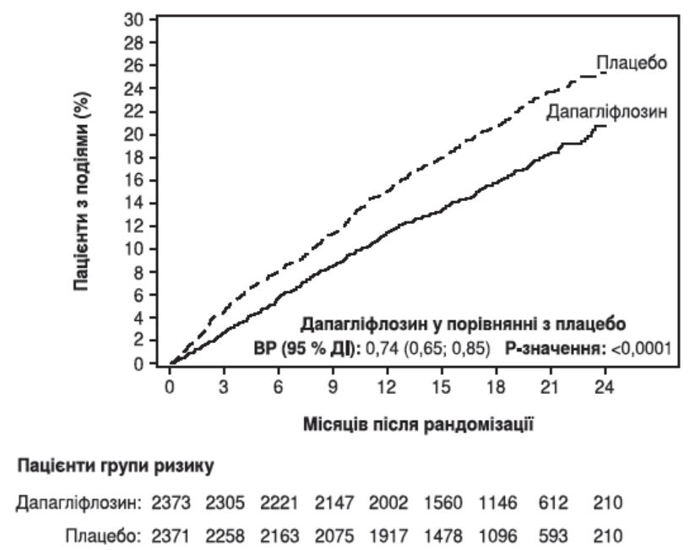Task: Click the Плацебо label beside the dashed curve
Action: click(x=632, y=63)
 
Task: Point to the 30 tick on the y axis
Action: click(x=137, y=19)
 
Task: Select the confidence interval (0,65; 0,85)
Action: click(x=446, y=347)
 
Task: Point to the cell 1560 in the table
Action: click(x=442, y=504)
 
